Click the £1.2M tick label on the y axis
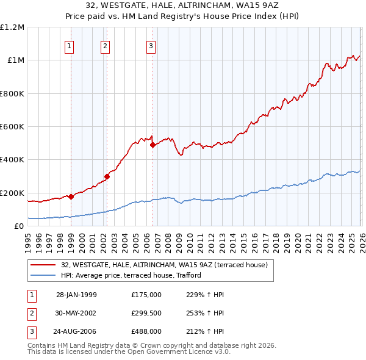coord(12,27)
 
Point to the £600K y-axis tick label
coord(12,127)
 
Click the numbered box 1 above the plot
coord(70,45)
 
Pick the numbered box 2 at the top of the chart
coord(105,45)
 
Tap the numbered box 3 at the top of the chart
coord(151,45)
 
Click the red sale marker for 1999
coord(71,196)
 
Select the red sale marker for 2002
coord(107,176)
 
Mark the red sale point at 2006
coord(152,145)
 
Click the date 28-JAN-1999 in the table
coord(76,295)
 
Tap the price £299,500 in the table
coord(146,312)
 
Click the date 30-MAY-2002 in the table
coord(76,312)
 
